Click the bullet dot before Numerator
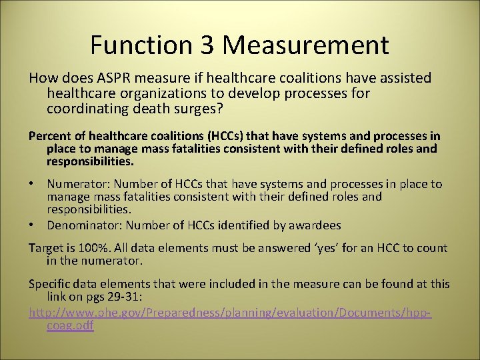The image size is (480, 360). (x=32, y=184)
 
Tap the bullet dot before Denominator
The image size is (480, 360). (x=32, y=225)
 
